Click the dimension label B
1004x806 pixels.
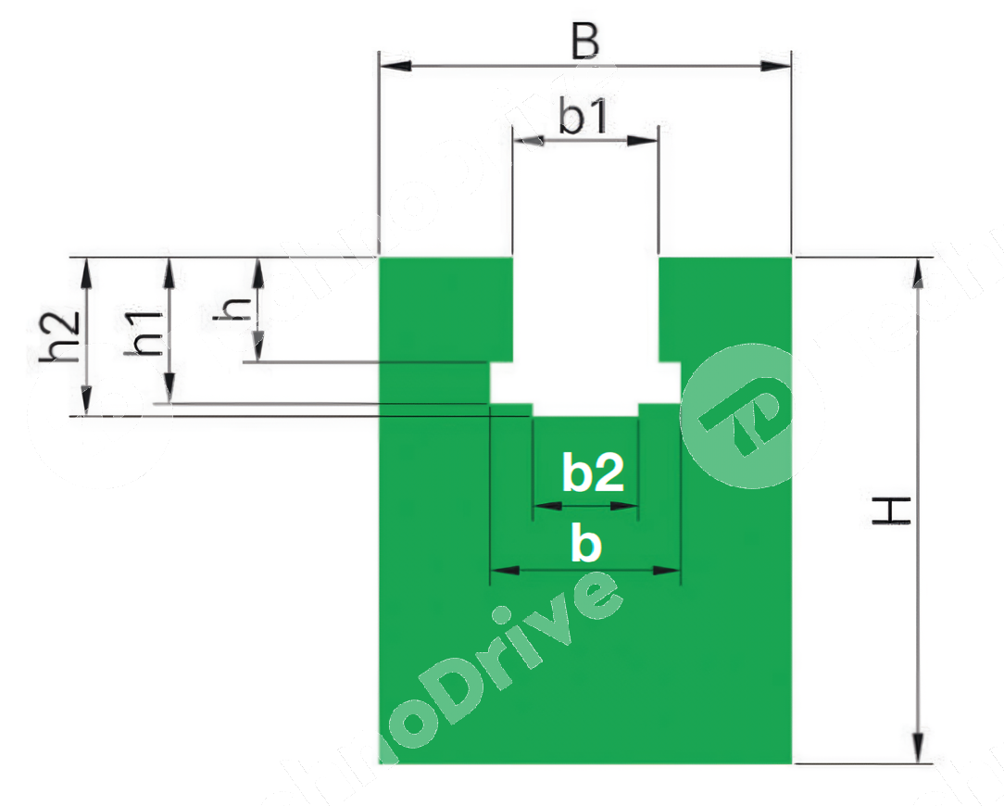pos(584,43)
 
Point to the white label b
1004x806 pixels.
pos(585,546)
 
